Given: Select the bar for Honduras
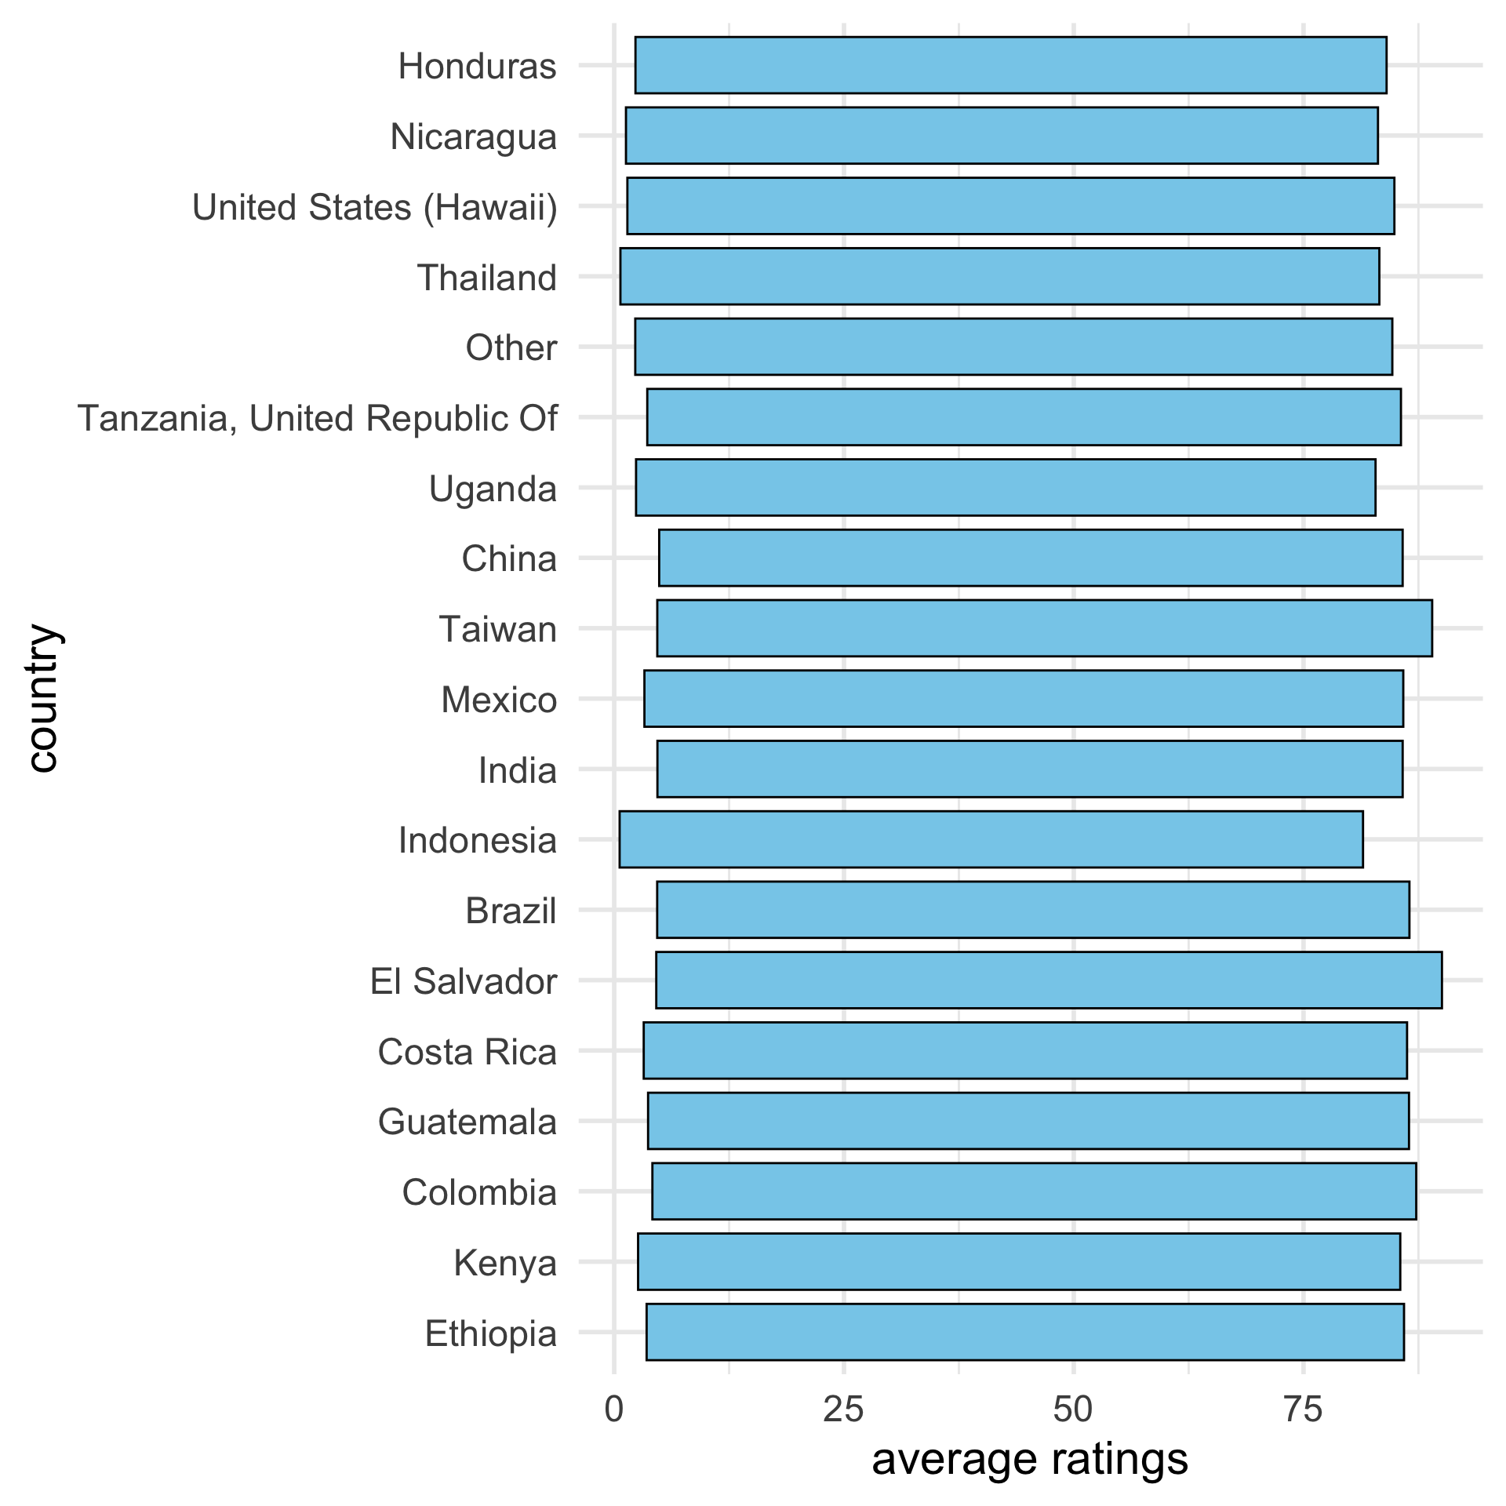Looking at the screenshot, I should point(1010,65).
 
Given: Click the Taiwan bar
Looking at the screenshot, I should point(1044,628).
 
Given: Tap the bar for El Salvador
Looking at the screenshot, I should point(1048,980).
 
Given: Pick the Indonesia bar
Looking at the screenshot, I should point(991,839).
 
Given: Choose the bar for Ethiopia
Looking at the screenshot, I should point(1024,1332).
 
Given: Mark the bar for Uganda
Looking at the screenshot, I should point(1005,487).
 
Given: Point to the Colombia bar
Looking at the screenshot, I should point(1034,1191).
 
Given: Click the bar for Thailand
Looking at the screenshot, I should point(999,276).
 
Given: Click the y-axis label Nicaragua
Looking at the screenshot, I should point(474,136).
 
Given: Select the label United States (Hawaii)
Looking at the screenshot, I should point(375,208).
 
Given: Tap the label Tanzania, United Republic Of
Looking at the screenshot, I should point(318,419).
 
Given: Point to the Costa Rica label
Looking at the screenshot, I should point(467,1052).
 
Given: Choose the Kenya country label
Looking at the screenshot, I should point(505,1264).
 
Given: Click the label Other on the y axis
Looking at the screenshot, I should point(511,347).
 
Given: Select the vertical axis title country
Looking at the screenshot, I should point(43,698).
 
